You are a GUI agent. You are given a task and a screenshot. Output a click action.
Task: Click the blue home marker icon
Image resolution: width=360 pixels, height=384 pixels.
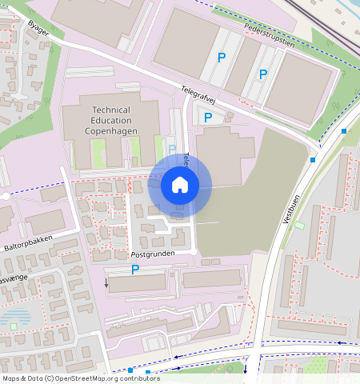[x=180, y=186]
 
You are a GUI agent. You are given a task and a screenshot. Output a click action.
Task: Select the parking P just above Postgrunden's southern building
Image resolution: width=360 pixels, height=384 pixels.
[x=135, y=270]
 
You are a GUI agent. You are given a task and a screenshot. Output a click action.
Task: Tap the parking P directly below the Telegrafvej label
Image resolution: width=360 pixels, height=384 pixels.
[x=208, y=118]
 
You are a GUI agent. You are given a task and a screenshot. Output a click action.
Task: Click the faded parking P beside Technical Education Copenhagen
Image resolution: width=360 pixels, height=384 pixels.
[x=170, y=149]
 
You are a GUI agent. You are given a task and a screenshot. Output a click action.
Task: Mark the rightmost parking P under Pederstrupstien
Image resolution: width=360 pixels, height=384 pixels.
[x=262, y=74]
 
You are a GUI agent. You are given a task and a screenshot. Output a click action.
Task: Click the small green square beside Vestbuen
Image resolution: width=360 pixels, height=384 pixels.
[x=299, y=225]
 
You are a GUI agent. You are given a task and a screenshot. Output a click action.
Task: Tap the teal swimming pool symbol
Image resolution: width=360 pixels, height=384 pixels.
[x=13, y=326]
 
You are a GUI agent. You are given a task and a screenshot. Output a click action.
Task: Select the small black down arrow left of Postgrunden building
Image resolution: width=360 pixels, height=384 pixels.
[x=106, y=283]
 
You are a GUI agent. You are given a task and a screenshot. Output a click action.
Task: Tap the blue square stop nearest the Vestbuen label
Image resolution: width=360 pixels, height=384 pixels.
[x=312, y=159]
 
